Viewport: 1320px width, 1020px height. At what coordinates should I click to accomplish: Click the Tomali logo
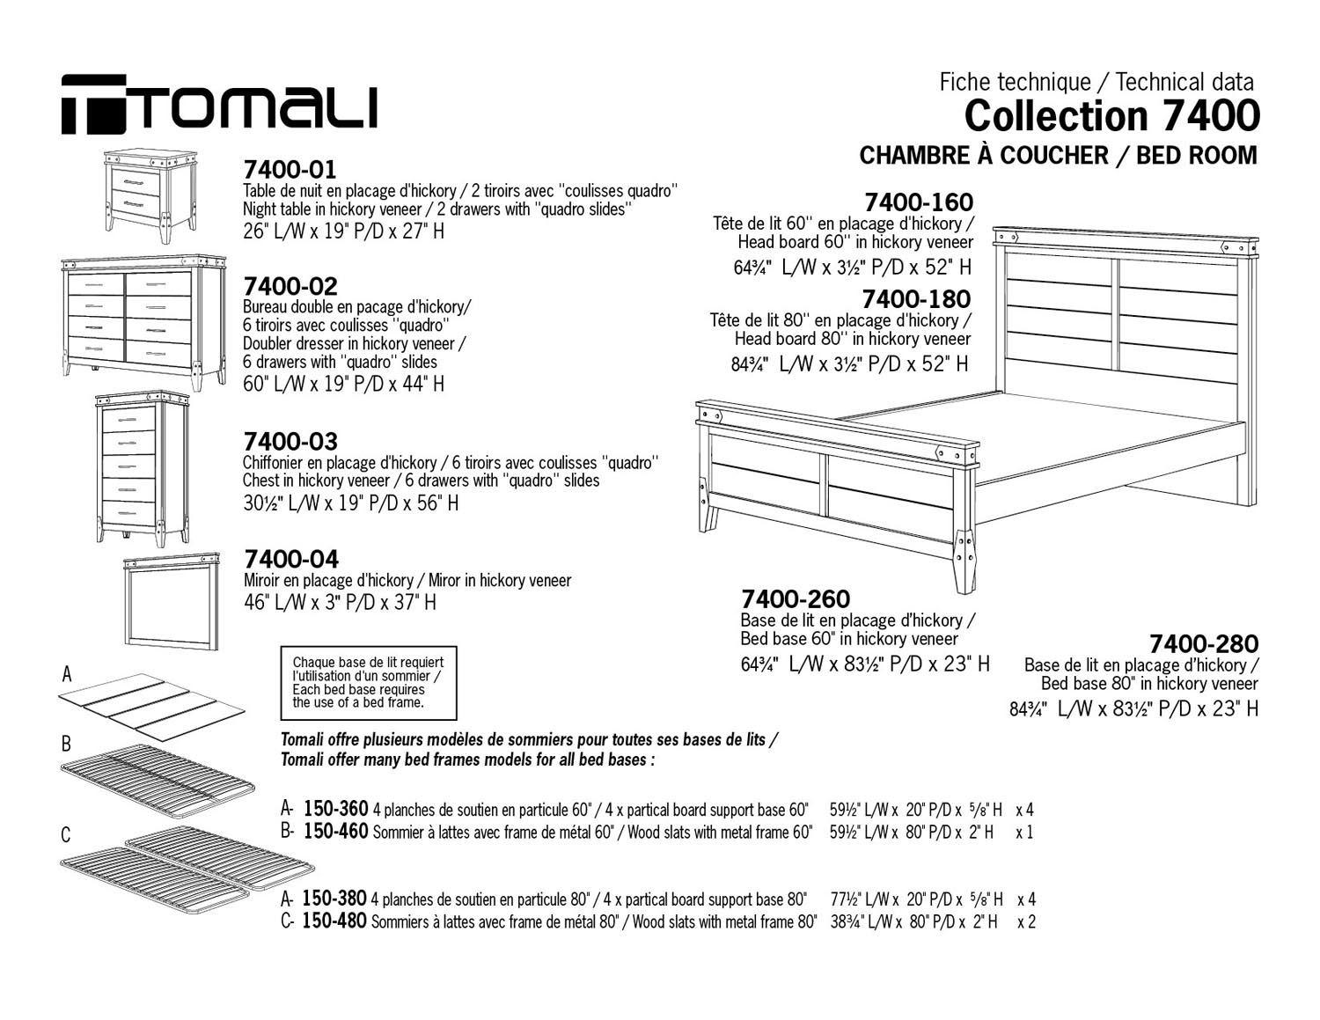click(219, 104)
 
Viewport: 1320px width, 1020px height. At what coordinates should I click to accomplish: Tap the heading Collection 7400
click(1111, 116)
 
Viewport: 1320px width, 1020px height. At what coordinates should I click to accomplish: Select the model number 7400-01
click(290, 169)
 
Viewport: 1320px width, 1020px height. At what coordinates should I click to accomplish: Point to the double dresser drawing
click(143, 323)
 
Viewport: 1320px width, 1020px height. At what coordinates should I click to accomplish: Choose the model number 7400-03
click(290, 441)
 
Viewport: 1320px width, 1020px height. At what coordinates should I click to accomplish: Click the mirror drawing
click(172, 601)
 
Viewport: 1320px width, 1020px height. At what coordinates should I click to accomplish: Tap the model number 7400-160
click(919, 202)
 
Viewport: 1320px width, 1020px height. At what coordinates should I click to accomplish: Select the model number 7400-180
click(917, 299)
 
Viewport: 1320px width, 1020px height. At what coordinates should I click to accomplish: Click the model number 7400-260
click(796, 599)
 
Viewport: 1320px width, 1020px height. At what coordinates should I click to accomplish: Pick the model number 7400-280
click(1204, 643)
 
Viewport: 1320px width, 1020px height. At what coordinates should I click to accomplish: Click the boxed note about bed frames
click(369, 683)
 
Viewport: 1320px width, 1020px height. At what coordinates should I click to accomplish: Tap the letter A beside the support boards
click(67, 674)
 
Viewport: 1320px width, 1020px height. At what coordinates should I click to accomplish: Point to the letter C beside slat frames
click(66, 834)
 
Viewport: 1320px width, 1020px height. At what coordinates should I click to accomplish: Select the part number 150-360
click(336, 809)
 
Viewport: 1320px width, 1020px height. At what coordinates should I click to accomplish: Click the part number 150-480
click(334, 921)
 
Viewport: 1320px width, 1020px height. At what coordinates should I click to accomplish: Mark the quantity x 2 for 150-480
click(1027, 921)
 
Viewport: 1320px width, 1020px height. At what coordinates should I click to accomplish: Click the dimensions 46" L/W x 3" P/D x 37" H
click(341, 602)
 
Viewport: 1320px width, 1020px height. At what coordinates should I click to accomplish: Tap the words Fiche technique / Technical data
click(1096, 82)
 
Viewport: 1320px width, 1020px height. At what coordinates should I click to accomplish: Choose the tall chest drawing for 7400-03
click(143, 469)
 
